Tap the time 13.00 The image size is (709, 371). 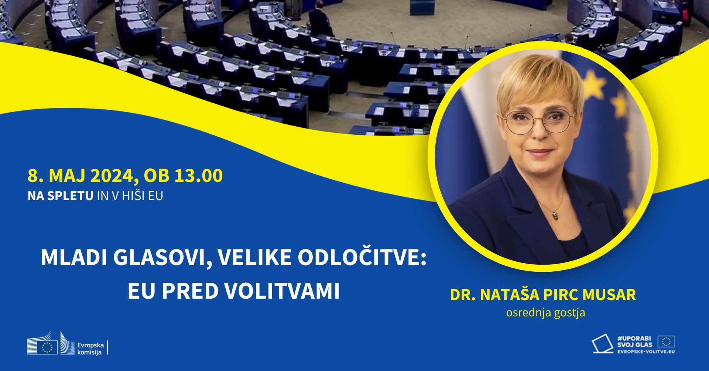tap(198, 175)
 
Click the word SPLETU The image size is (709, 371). tap(70, 196)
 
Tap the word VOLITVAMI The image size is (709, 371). tap(282, 291)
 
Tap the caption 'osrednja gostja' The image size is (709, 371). tap(545, 313)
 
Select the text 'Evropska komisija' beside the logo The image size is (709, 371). tap(90, 348)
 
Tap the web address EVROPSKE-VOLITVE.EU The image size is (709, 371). tap(646, 351)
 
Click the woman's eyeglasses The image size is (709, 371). tap(538, 121)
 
